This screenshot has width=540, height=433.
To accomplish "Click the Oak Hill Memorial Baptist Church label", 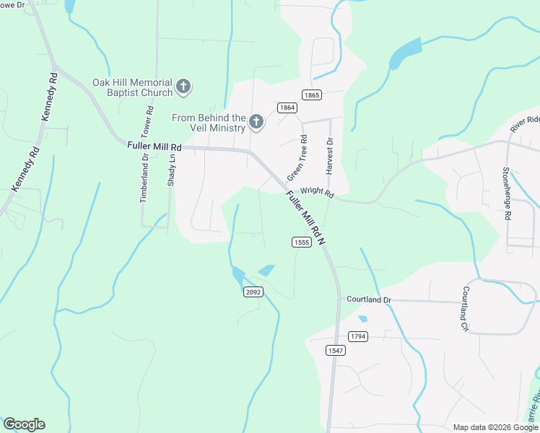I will [x=132, y=87].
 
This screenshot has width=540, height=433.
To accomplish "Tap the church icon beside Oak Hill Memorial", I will [x=183, y=87].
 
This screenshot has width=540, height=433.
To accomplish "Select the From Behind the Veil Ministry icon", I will [x=256, y=123].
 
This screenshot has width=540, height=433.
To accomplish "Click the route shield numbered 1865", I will [x=312, y=95].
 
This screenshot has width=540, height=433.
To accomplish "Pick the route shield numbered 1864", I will [x=287, y=108].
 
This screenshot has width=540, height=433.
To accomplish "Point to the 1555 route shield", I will [x=302, y=242].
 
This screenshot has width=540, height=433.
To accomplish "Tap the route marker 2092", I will [x=253, y=292].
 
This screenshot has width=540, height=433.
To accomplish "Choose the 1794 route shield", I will [x=357, y=336].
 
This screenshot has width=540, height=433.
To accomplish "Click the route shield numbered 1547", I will [x=335, y=351].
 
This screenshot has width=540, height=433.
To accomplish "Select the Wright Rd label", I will [x=318, y=193].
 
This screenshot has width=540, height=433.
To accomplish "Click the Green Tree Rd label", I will [x=297, y=158].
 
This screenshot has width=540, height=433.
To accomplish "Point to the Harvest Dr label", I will [x=329, y=156].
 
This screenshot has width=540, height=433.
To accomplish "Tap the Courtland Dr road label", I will [x=368, y=299].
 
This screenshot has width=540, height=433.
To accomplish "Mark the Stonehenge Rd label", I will [x=507, y=193].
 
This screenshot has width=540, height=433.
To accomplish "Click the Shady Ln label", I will [x=172, y=170].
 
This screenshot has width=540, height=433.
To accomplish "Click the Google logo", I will [x=24, y=424].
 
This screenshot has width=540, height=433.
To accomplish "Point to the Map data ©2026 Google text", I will [x=495, y=427].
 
